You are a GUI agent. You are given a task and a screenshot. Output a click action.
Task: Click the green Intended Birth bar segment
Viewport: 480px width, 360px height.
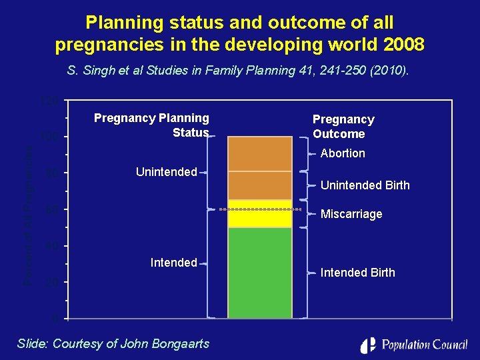click(x=260, y=273)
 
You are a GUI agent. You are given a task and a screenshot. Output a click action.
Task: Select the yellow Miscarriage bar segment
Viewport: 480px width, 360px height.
click(x=260, y=213)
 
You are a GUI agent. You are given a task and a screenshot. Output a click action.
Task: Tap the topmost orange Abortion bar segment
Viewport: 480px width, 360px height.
click(x=260, y=153)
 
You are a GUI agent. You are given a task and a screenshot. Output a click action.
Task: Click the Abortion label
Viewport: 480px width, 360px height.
click(x=343, y=153)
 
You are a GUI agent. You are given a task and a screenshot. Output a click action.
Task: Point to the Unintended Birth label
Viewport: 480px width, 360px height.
click(x=365, y=185)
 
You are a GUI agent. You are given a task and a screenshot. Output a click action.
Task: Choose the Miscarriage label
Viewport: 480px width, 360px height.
click(x=351, y=214)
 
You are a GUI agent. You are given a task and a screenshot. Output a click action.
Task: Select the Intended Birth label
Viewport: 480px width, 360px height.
click(x=357, y=273)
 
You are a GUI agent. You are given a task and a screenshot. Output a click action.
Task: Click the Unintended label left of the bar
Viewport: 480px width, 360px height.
click(x=166, y=172)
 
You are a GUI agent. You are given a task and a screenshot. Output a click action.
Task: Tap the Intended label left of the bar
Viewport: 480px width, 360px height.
click(x=173, y=263)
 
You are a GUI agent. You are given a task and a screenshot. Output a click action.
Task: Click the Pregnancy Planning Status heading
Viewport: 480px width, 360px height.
click(x=151, y=125)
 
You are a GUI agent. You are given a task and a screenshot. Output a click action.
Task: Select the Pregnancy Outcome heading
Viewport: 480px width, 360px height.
click(x=343, y=127)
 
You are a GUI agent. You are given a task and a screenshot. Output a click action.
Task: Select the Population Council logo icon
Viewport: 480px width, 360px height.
click(x=368, y=345)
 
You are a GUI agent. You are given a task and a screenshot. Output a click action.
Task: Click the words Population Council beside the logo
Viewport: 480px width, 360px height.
click(x=424, y=345)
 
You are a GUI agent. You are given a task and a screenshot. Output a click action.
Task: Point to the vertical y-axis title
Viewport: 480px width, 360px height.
click(x=28, y=213)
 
